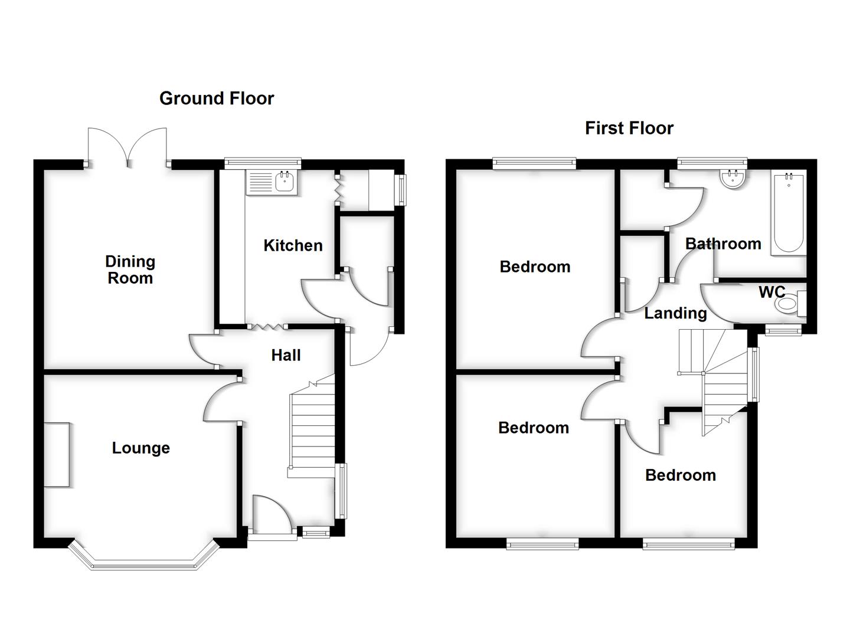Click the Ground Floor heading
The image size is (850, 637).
tap(217, 98)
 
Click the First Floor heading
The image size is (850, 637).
tap(629, 128)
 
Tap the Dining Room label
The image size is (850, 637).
tap(130, 270)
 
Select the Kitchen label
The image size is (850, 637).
tap(293, 245)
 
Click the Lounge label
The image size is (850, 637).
tap(141, 448)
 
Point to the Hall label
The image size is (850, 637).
tap(286, 355)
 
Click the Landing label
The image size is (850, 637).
tap(675, 313)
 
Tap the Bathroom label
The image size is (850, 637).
tap(722, 244)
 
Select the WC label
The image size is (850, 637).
tap(771, 292)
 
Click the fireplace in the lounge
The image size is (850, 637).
tap(57, 454)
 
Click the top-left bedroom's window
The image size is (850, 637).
tap(534, 163)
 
